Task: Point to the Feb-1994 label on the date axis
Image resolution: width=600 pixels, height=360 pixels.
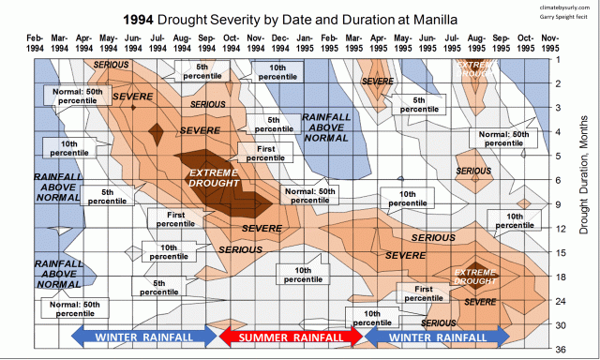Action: point(35,43)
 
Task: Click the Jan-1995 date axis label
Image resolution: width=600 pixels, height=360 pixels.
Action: point(304,43)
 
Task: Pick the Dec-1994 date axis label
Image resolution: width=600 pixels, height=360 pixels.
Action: point(279,43)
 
